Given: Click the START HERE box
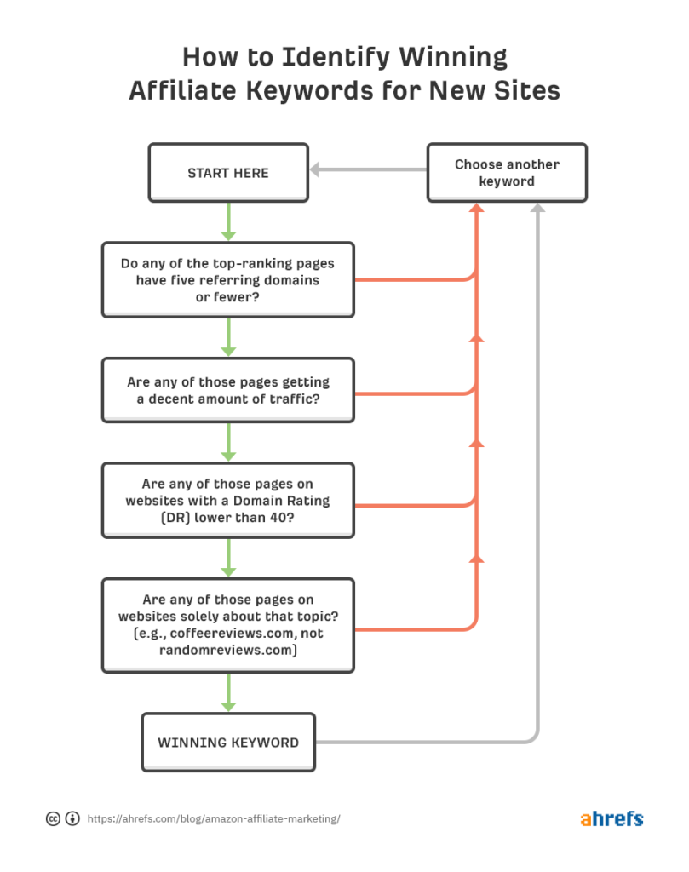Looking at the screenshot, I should (x=228, y=173).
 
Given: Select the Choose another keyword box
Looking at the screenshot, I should (x=507, y=173).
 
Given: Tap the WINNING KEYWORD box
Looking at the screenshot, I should (x=228, y=743).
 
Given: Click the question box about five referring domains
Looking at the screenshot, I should (x=228, y=280).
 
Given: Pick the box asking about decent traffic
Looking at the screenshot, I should (x=228, y=390).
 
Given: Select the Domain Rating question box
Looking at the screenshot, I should (x=228, y=501).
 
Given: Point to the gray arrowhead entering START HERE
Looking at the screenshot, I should (x=315, y=170).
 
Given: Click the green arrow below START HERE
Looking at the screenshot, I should (x=228, y=223).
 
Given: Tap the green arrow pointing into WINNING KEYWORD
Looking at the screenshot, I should (x=228, y=693).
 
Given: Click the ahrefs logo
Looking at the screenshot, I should (x=611, y=819).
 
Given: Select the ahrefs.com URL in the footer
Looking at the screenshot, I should (x=214, y=819).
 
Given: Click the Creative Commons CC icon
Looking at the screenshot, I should (x=53, y=819).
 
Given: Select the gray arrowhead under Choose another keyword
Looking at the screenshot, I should (x=537, y=208).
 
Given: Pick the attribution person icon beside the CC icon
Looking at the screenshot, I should (x=72, y=819).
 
